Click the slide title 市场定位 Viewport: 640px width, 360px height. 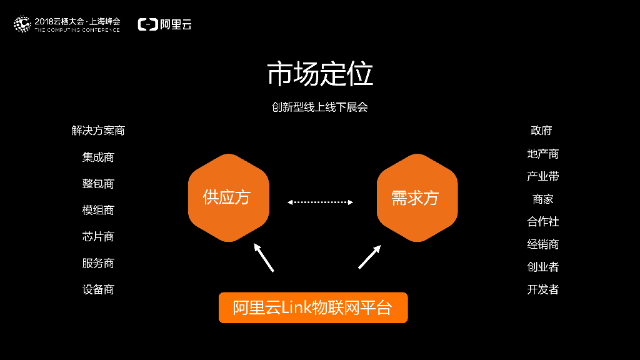tap(320, 74)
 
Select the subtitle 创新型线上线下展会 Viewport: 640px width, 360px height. tap(320, 107)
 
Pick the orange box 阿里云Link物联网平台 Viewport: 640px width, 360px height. tap(312, 307)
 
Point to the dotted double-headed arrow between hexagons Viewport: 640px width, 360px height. tap(320, 202)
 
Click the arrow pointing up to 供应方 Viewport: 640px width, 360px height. tap(263, 257)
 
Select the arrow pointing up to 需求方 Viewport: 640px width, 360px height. tap(369, 257)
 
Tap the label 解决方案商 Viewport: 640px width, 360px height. tap(98, 131)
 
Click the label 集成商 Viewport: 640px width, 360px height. tap(98, 157)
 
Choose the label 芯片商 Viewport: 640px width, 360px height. tap(98, 236)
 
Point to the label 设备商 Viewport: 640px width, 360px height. tap(98, 289)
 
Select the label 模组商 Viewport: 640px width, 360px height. tap(98, 210)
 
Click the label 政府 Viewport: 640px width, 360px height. tap(541, 131)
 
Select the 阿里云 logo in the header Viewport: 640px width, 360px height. tap(165, 24)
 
